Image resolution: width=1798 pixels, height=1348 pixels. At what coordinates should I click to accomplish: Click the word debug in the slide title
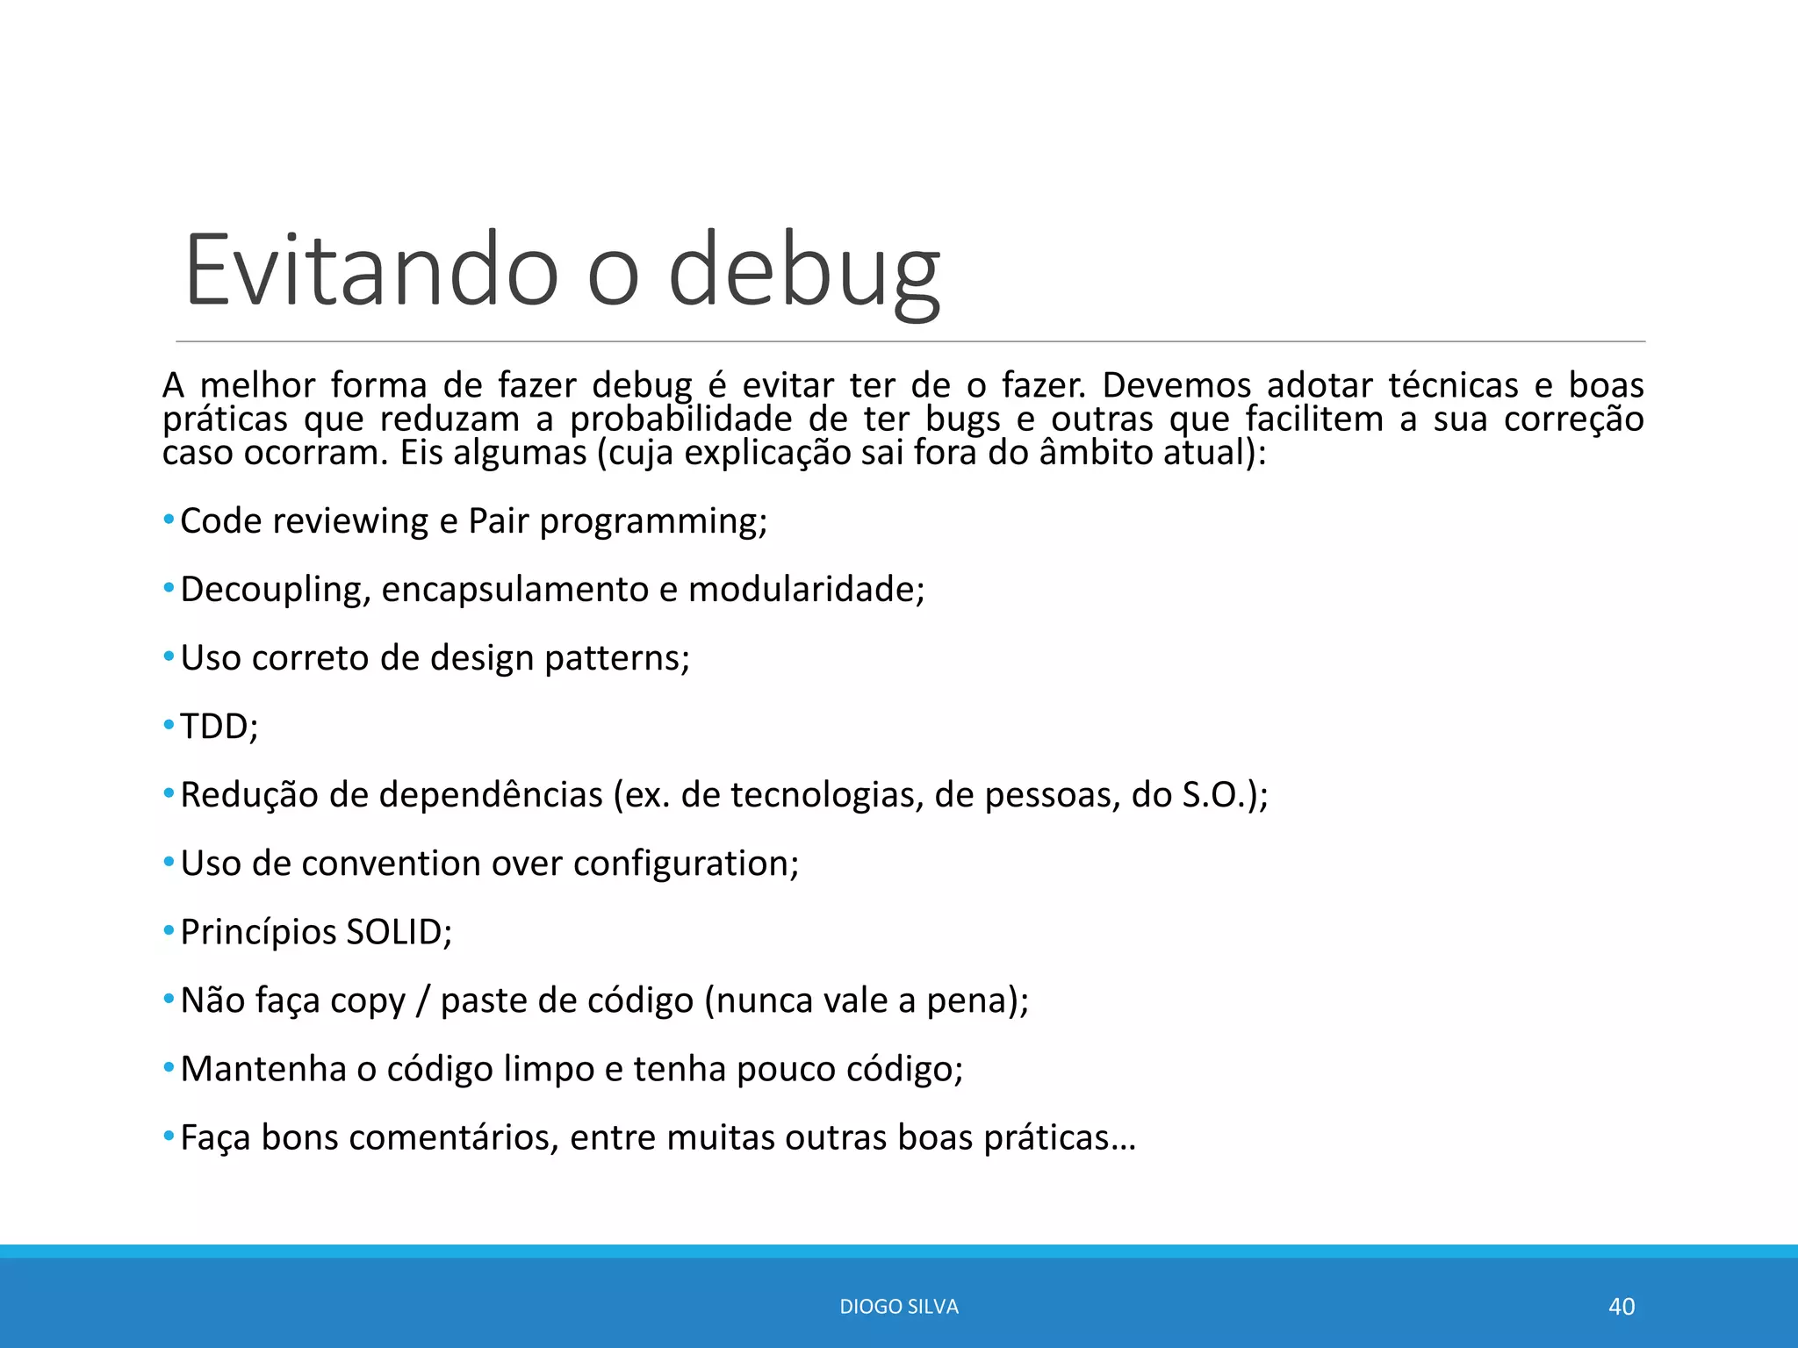coord(803,270)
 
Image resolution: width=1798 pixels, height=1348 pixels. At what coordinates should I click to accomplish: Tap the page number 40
coord(1621,1307)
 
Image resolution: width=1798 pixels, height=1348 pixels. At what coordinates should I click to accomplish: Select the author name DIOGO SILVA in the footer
coord(898,1307)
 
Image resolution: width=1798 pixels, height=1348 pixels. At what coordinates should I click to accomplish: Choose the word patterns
coord(615,658)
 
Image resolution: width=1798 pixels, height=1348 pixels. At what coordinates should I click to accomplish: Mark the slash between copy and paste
coord(423,1000)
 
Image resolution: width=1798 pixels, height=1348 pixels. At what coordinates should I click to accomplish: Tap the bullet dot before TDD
coord(169,726)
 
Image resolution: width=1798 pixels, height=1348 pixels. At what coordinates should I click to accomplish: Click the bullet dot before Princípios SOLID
coord(169,931)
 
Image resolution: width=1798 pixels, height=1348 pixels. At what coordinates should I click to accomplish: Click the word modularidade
coord(805,590)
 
